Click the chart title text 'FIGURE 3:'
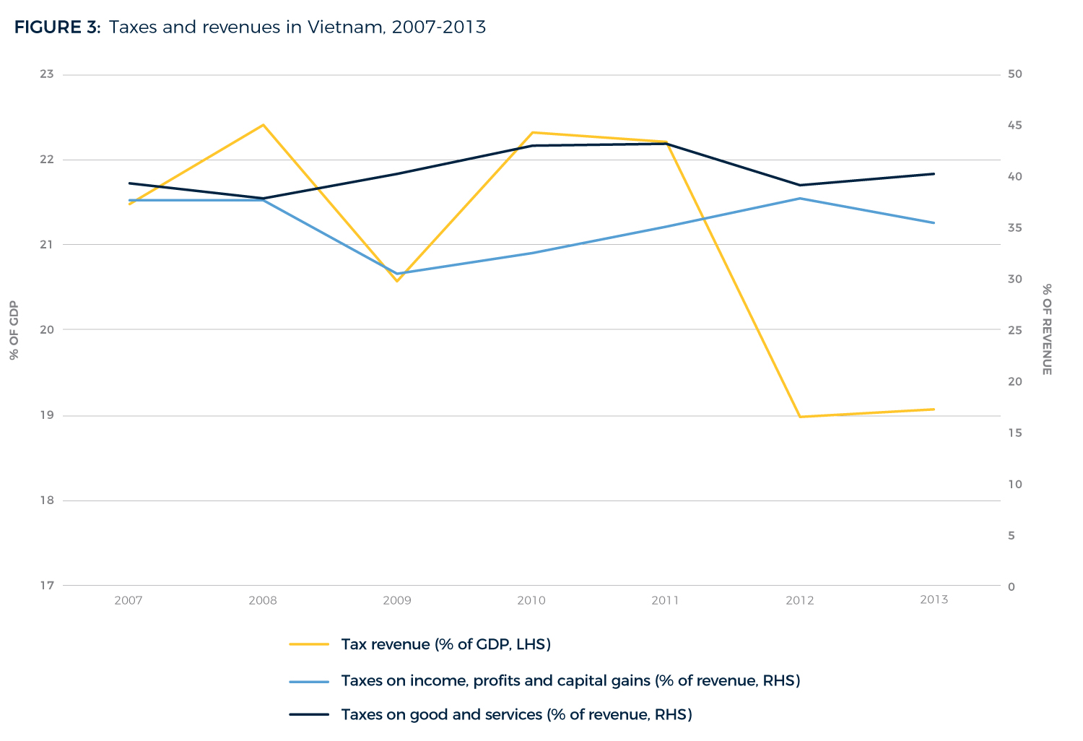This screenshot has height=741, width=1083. pos(57,27)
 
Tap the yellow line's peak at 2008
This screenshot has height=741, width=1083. pos(264,125)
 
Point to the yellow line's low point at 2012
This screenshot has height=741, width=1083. pos(800,417)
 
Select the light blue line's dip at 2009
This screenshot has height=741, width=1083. pos(397,274)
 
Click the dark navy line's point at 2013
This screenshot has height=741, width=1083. pos(934,174)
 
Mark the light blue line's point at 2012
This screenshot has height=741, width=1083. pos(800,198)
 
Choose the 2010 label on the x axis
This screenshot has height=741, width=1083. pos(531,600)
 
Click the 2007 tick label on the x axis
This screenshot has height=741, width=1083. pos(129,600)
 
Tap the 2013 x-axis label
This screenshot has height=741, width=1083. pos(934,599)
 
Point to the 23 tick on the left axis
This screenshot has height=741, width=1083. pos(47,74)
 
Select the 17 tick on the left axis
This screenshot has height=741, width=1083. pos(47,586)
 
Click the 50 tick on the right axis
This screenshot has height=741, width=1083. pos(1014,74)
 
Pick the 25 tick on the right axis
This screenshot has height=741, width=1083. pos(1014,330)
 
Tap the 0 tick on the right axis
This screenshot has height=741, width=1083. pos(1011,586)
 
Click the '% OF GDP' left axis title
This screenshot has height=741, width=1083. pos(14,330)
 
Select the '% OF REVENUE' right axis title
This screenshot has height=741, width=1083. pos(1046,329)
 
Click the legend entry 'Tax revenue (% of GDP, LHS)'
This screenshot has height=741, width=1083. pos(445,644)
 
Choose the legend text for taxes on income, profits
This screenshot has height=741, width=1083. pos(570,680)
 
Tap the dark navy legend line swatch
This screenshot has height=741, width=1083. pos(309,715)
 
